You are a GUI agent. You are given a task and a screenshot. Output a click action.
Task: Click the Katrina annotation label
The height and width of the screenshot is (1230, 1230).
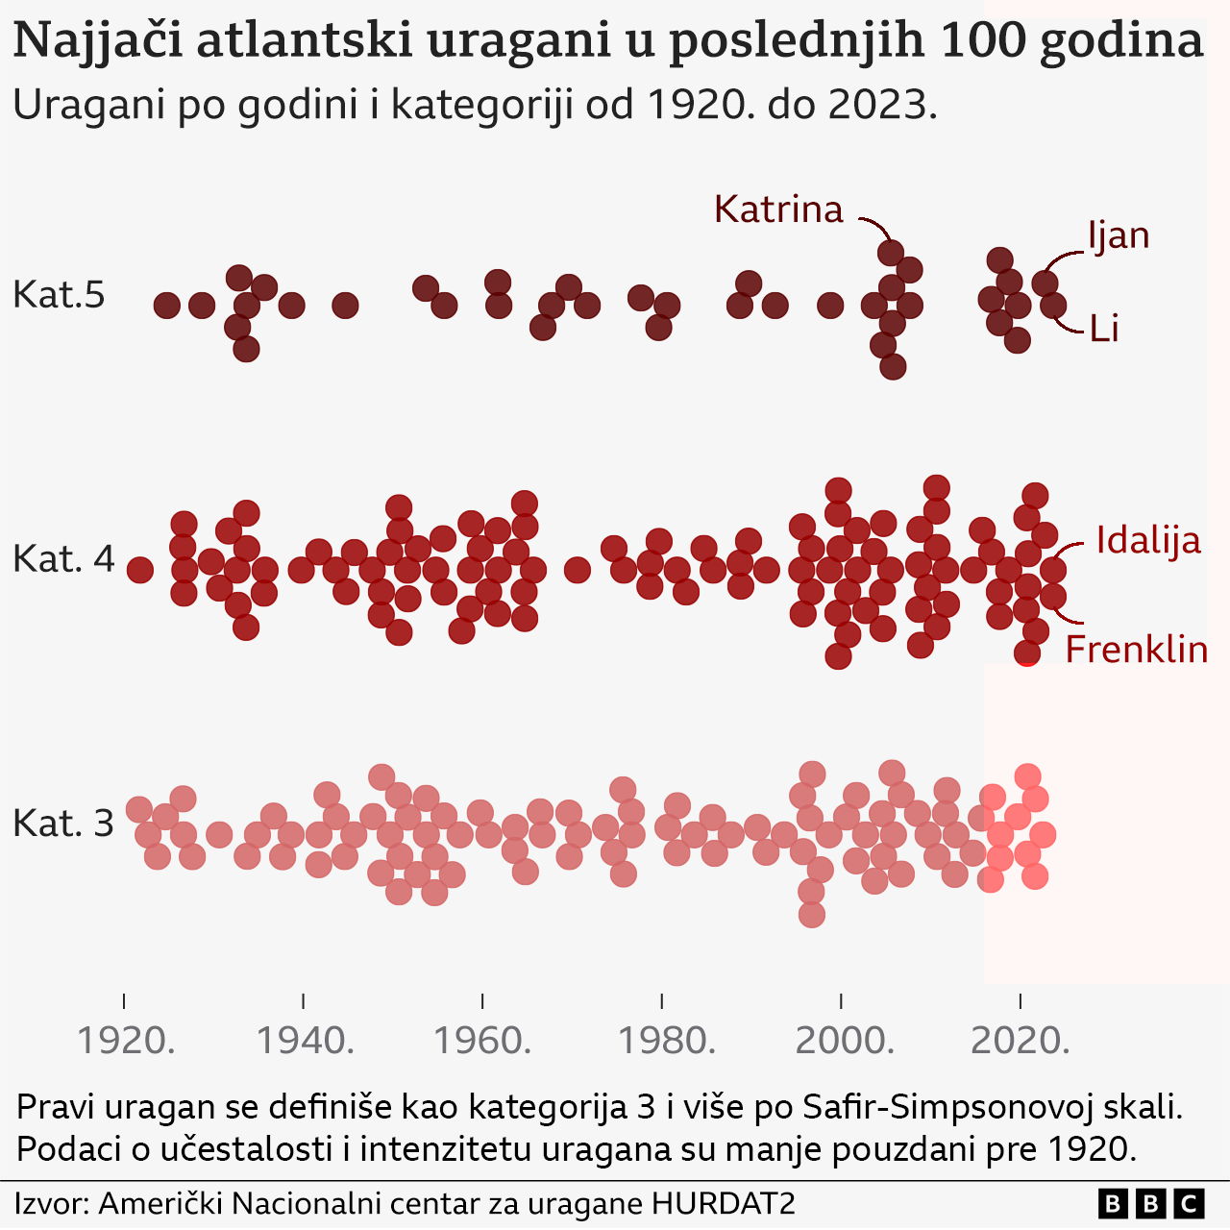pyautogui.click(x=778, y=209)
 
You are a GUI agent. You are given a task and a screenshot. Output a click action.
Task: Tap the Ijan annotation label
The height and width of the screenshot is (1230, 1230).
pyautogui.click(x=1119, y=235)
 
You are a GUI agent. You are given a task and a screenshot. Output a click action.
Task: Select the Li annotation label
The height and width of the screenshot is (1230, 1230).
pyautogui.click(x=1104, y=329)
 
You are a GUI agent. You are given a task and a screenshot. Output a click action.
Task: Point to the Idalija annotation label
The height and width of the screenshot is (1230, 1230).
pyautogui.click(x=1148, y=540)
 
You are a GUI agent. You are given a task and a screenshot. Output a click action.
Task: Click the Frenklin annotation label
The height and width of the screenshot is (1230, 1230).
pyautogui.click(x=1136, y=650)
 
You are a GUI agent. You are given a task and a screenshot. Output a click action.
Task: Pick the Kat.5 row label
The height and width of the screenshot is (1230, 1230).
pyautogui.click(x=59, y=294)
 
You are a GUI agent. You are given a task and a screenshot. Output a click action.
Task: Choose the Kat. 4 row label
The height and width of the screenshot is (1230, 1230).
pyautogui.click(x=63, y=558)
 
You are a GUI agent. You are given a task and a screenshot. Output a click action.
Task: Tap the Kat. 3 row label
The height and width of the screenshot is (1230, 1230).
pyautogui.click(x=63, y=823)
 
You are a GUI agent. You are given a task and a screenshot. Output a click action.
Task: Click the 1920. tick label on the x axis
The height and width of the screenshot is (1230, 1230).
pyautogui.click(x=125, y=1040)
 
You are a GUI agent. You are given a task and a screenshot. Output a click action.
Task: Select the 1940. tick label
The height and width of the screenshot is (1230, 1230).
pyautogui.click(x=304, y=1040)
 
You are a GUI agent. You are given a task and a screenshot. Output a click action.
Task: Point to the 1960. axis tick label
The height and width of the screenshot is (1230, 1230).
pyautogui.click(x=482, y=1040)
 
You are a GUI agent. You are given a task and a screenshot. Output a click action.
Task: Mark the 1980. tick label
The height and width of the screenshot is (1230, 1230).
pyautogui.click(x=662, y=1040)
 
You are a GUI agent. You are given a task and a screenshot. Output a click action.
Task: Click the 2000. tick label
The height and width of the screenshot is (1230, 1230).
pyautogui.click(x=842, y=1040)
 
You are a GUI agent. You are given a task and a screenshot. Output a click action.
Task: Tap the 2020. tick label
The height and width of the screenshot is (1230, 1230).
pyautogui.click(x=1021, y=1040)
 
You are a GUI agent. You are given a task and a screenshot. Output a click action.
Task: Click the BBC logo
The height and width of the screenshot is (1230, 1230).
pyautogui.click(x=1150, y=1203)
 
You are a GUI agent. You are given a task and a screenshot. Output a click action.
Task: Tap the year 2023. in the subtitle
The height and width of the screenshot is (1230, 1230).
pyautogui.click(x=881, y=104)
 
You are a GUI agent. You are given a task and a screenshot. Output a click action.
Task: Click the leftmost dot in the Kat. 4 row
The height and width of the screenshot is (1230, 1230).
pyautogui.click(x=140, y=570)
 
